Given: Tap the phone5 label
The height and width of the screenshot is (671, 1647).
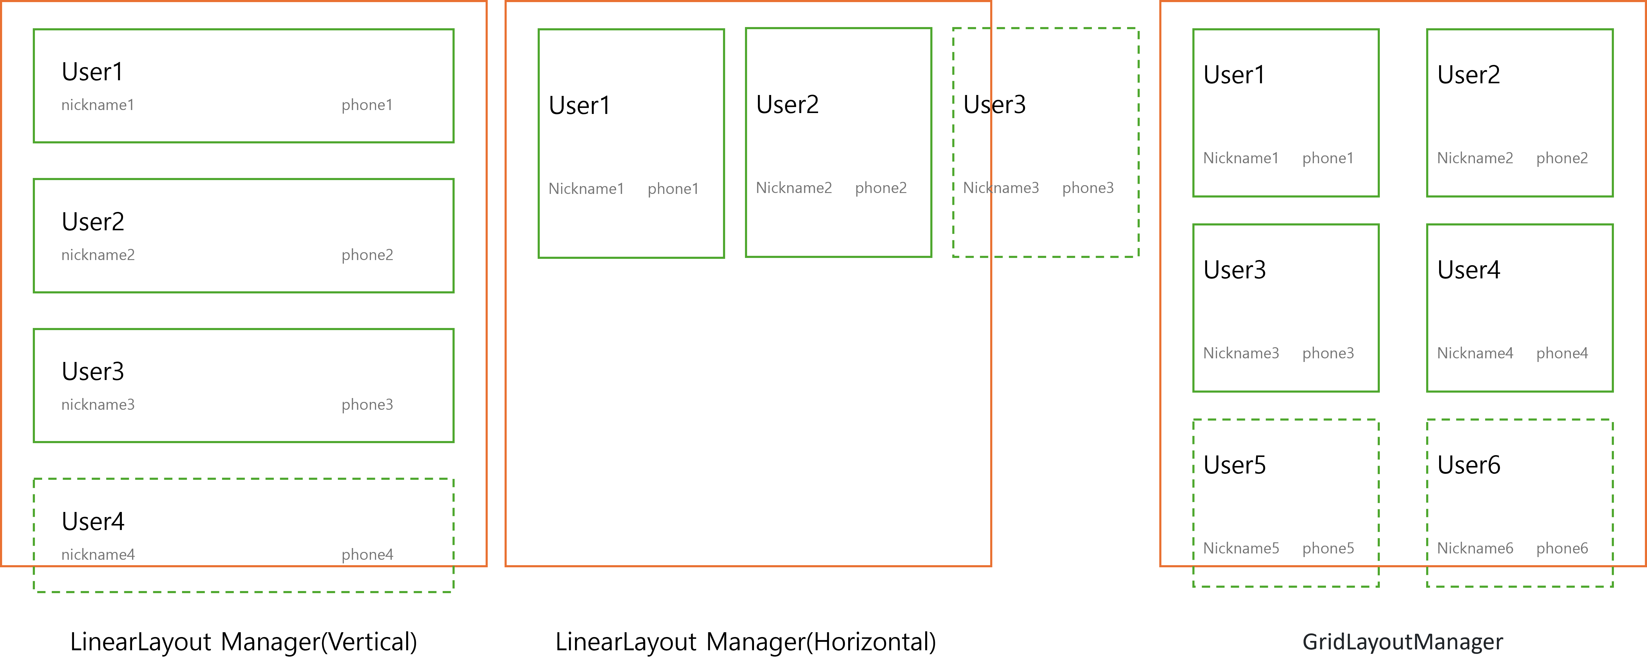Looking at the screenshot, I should click(x=1328, y=548).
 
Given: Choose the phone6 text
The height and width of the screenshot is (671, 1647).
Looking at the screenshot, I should click(x=1562, y=548).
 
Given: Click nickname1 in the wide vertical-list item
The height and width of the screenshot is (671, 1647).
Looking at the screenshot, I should click(x=98, y=105).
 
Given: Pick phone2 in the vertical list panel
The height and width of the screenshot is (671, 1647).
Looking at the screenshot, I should click(x=367, y=255).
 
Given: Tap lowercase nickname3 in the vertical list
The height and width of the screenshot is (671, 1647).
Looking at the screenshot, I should click(x=98, y=405).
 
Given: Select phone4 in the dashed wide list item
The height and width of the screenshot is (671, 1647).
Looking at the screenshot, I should click(x=367, y=555).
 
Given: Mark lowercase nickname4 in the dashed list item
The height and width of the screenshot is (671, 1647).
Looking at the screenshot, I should click(x=98, y=555).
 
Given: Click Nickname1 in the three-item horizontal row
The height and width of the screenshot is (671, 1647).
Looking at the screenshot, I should click(x=586, y=188).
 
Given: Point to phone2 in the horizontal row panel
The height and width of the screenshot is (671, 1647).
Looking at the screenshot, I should click(x=880, y=188).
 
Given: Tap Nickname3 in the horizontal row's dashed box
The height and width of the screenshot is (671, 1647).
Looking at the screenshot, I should click(x=1001, y=188).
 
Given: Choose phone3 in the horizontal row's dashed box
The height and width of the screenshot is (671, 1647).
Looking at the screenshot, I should click(x=1088, y=188).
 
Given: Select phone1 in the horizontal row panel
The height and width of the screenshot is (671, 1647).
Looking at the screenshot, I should click(x=673, y=188).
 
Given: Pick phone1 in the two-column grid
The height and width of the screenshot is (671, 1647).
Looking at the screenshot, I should click(x=1328, y=158).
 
